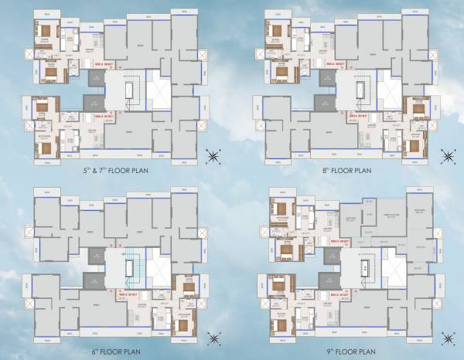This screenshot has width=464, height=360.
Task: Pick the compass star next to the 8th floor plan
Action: pos(446,157)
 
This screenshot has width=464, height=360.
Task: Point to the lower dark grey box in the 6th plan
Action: pos(94,280)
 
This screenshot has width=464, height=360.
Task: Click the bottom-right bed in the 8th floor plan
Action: pos(418,144)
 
